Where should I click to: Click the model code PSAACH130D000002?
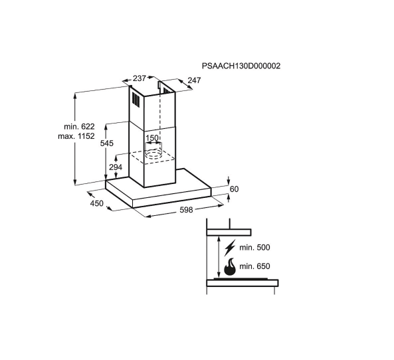coord(241,66)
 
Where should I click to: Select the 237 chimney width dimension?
coord(140,78)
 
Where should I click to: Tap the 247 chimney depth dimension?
coord(194,80)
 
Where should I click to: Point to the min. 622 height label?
coord(79,126)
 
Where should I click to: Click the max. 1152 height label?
coord(76,136)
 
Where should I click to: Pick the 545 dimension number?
coord(107,143)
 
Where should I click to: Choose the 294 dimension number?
coord(116,167)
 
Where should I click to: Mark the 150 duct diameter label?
coord(152,137)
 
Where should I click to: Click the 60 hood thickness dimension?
coord(234,189)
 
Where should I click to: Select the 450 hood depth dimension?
coord(97,203)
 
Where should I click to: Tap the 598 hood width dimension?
coord(186,209)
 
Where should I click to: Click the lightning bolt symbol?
coord(230,248)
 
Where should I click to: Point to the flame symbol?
coord(230,267)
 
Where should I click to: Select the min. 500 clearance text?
coord(254,248)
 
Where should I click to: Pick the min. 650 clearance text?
coord(254,266)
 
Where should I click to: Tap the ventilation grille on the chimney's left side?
coord(136,101)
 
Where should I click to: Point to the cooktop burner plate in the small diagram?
coord(241,278)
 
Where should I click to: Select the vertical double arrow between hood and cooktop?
coord(219,257)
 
